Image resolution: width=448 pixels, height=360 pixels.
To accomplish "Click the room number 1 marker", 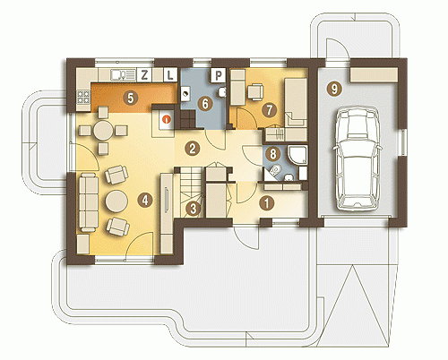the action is [x=266, y=203].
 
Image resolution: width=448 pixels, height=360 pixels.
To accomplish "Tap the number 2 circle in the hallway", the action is [x=192, y=149].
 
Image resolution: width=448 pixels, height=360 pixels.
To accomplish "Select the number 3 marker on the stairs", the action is [x=194, y=209].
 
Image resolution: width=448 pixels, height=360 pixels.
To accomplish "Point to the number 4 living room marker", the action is [x=145, y=200].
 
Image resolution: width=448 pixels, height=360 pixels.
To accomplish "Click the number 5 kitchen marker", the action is [x=131, y=98].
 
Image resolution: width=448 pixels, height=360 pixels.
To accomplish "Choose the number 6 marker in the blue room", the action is [x=205, y=104].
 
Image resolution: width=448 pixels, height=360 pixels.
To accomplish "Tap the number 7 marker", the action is [x=269, y=110].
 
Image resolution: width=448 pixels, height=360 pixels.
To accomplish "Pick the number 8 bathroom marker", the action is [x=272, y=154].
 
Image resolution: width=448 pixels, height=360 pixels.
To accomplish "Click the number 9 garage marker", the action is [x=334, y=89].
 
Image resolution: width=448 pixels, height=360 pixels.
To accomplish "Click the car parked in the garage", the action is [x=358, y=159].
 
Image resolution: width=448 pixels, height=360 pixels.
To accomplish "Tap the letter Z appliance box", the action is [x=144, y=74].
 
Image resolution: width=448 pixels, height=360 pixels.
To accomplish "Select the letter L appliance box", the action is [x=170, y=74].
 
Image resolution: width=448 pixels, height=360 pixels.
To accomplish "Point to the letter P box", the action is [x=219, y=75].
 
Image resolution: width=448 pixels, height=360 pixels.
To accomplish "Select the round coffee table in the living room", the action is [x=116, y=201].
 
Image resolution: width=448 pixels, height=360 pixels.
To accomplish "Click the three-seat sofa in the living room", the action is [x=89, y=202].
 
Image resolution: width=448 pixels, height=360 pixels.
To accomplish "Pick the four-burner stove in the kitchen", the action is [x=83, y=97].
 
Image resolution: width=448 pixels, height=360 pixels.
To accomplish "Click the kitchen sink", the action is [x=119, y=74].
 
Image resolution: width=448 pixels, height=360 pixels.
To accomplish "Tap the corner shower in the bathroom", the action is [x=297, y=155].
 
